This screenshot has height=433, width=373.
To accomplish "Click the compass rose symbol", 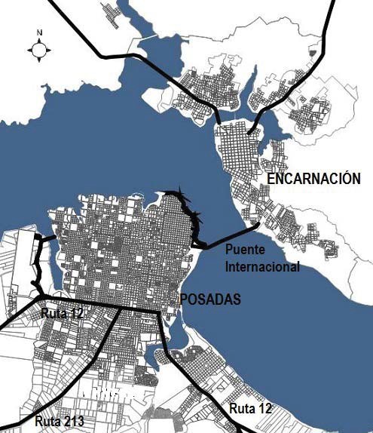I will pos(39,50).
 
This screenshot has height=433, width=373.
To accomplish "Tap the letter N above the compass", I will pos(39,32).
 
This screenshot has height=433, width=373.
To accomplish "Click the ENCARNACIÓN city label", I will pos(313,179).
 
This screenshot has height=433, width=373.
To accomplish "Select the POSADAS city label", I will pos(210,299).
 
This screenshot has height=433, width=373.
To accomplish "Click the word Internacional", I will pos(262,266).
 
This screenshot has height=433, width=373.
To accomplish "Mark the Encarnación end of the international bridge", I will pos(258,223).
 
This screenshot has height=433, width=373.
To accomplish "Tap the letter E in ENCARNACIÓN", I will pos(272,179).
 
